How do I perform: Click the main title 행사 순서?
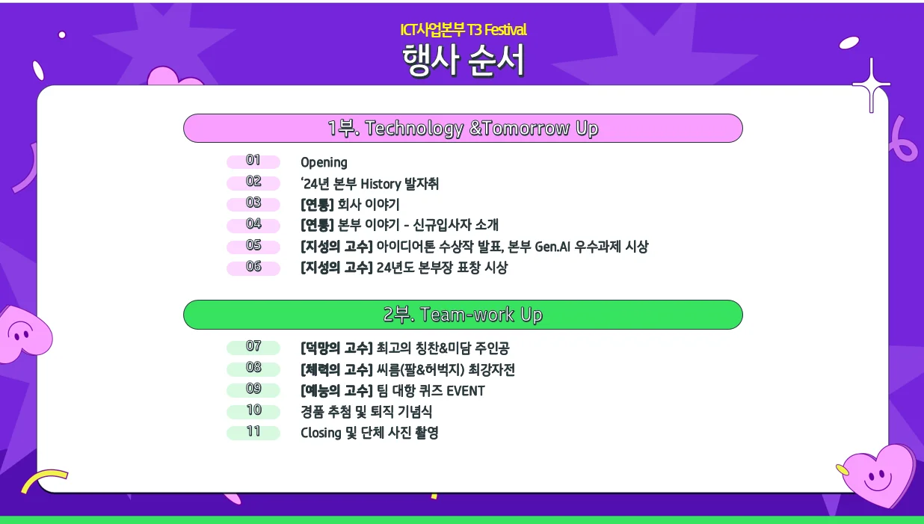pos(463,61)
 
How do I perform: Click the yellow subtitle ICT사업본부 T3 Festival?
pos(463,30)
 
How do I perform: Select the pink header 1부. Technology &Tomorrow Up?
pos(463,129)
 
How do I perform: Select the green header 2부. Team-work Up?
pos(463,315)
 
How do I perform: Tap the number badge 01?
pos(253,161)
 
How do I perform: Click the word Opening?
pos(324,162)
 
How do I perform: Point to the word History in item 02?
pos(381,184)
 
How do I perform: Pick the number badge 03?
pos(253,203)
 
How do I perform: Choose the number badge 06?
pos(253,268)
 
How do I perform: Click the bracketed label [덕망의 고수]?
pos(336,348)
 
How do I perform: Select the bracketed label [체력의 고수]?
pos(336,370)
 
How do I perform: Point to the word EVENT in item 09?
pos(465,391)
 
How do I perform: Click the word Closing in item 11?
pos(321,433)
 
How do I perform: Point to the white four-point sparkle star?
pos(871,84)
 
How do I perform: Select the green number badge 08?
pos(253,369)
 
